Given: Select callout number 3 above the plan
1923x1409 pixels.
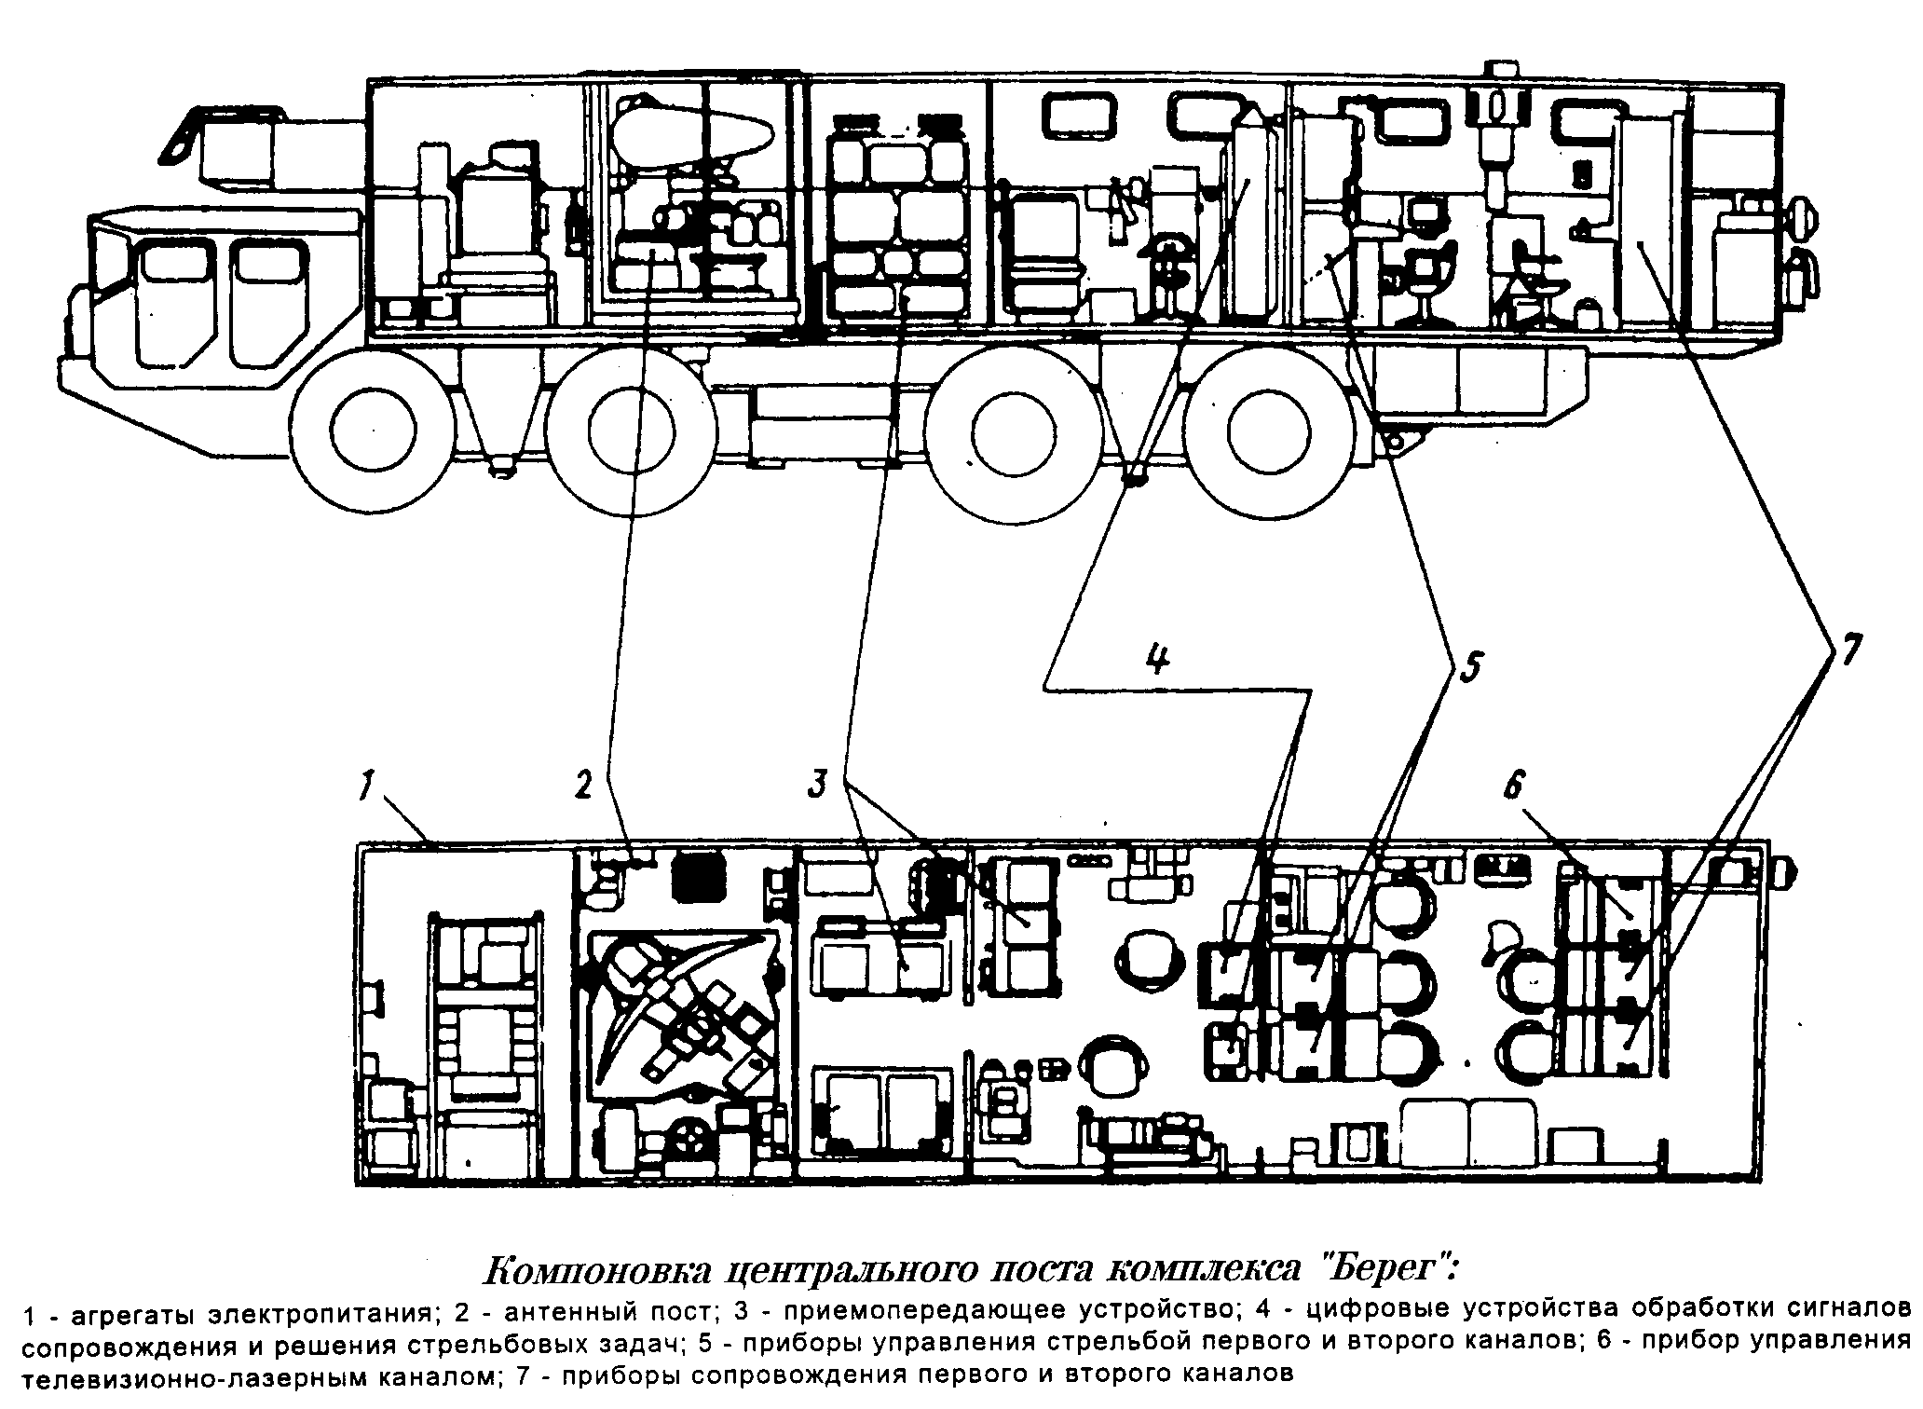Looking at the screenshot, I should coord(817,784).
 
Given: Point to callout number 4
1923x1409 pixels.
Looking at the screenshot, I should coord(1156,659).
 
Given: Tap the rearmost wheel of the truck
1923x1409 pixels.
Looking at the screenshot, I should coord(1268,431).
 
